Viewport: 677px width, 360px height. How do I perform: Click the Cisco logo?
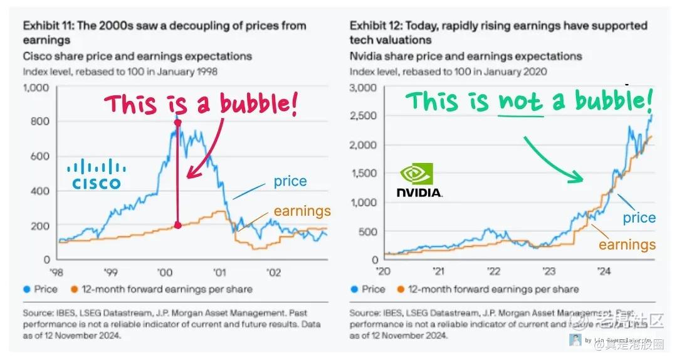click(96, 174)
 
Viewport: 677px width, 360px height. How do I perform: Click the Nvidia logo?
click(419, 180)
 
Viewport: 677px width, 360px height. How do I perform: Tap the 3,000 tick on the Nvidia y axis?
click(363, 87)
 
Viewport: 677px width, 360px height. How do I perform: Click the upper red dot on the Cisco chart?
click(177, 123)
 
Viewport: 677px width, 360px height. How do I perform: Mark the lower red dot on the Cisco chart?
click(177, 225)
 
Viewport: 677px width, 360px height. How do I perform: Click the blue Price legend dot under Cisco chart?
click(26, 289)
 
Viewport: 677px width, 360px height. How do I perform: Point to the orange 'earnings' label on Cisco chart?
click(302, 211)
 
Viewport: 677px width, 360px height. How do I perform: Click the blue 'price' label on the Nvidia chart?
click(639, 218)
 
